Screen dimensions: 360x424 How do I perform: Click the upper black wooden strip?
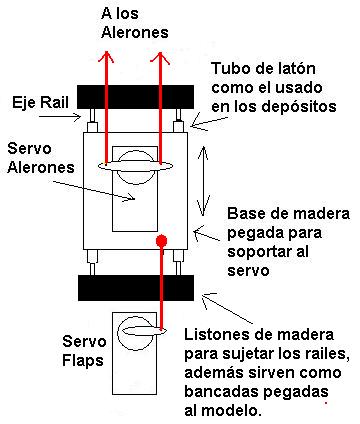point(136,97)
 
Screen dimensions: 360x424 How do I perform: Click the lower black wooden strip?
point(136,288)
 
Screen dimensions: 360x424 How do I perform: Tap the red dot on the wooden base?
point(162,240)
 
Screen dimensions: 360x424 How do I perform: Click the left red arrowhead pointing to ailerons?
point(106,57)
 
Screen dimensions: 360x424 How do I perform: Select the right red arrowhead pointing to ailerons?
point(160,57)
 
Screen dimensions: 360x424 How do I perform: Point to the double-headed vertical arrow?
point(203,181)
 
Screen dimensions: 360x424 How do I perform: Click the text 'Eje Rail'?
point(40,102)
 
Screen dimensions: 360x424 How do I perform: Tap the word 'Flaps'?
point(83,361)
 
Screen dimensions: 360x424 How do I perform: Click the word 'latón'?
point(295,69)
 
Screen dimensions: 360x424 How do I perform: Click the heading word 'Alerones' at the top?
point(135,32)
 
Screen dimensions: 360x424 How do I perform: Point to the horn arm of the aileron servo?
point(135,166)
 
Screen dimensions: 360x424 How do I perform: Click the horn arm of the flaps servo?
point(145,331)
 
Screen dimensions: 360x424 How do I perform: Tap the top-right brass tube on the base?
point(178,127)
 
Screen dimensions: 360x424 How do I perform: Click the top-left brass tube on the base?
point(92,127)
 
